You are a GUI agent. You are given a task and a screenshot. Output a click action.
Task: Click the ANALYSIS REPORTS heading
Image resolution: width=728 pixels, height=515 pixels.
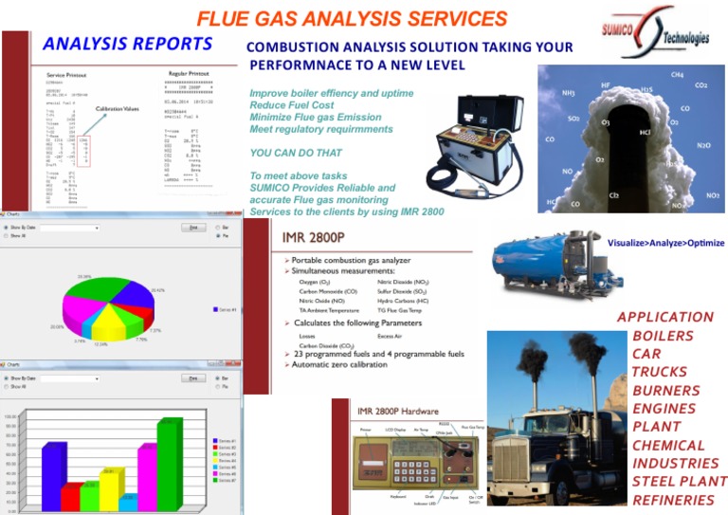tap(127, 44)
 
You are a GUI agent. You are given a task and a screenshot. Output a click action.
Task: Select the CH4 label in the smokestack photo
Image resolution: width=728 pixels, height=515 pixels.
tap(677, 74)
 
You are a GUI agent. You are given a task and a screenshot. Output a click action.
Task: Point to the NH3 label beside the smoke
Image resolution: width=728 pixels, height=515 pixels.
tap(569, 94)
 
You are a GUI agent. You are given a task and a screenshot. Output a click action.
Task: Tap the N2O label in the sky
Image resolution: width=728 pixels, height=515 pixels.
tap(703, 146)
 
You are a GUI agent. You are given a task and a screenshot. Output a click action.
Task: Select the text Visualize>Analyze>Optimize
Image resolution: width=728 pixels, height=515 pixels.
tap(665, 244)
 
